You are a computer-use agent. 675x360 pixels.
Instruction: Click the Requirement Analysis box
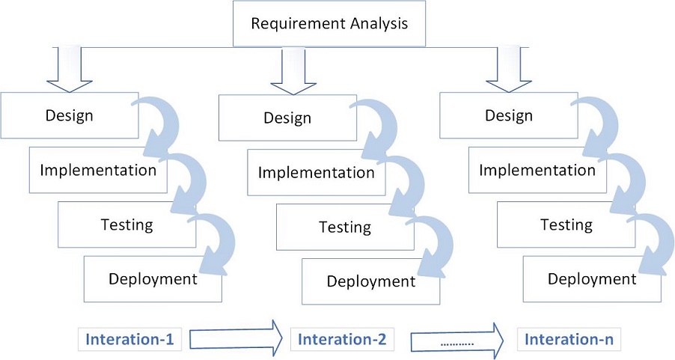tap(329, 23)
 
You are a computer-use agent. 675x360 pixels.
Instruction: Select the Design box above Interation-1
tap(70, 115)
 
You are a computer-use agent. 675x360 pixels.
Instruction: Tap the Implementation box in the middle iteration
tap(316, 173)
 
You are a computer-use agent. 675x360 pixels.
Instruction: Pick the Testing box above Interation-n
tap(566, 225)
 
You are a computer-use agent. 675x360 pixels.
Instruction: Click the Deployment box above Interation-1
tap(153, 279)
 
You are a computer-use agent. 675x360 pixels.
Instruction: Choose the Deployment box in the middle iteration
tap(371, 282)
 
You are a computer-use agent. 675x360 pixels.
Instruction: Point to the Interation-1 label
tap(130, 339)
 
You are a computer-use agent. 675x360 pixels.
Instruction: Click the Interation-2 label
tap(342, 339)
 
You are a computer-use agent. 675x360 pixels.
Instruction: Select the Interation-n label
tap(569, 339)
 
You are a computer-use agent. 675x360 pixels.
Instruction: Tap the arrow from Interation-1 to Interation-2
tap(236, 338)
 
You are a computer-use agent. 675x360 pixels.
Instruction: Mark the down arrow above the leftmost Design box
tap(70, 71)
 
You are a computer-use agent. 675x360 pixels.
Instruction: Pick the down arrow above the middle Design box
tap(288, 71)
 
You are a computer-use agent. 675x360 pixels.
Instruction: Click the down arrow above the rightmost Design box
tap(508, 71)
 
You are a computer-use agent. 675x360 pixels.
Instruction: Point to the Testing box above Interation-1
tap(126, 225)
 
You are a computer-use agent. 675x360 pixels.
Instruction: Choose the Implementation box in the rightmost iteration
tap(537, 170)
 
